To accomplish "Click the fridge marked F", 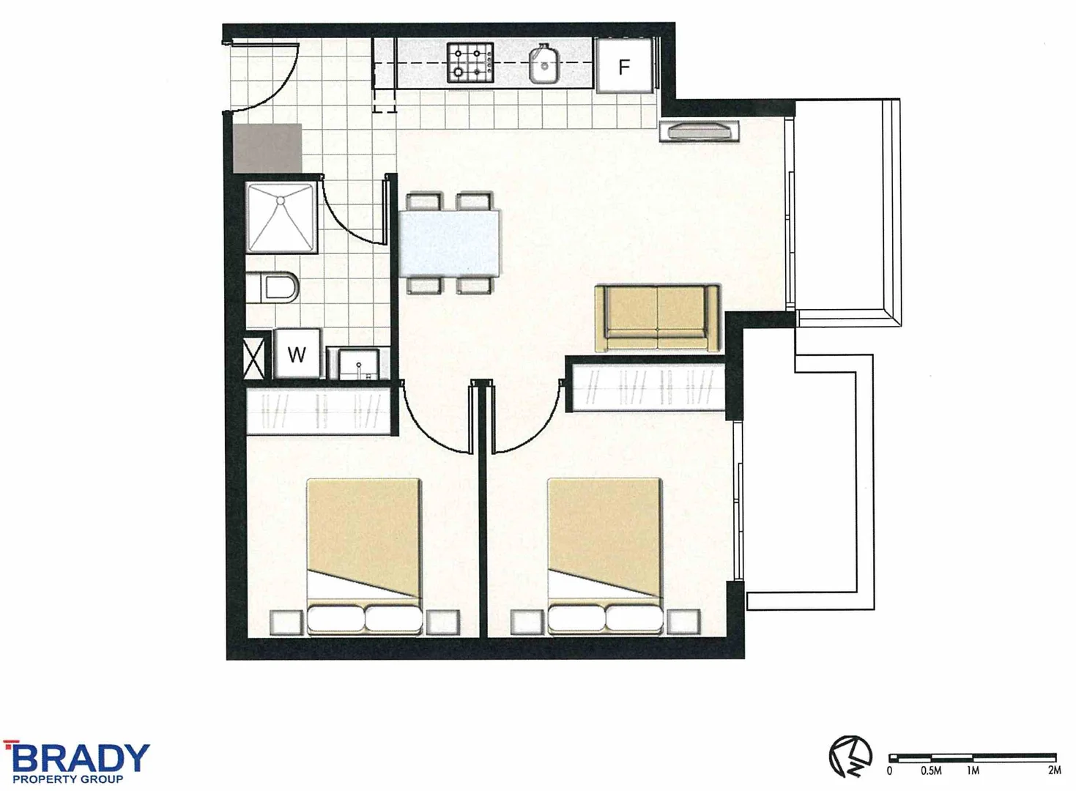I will click(623, 67).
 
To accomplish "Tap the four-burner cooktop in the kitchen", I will click(470, 63).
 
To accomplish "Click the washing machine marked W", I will click(297, 354).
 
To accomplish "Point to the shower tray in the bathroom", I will click(281, 218).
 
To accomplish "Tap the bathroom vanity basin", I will click(359, 363).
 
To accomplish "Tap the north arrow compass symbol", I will click(850, 755).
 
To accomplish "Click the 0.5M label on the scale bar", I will click(931, 770).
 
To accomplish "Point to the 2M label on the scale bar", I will click(1053, 770).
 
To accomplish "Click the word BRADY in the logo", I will click(81, 758).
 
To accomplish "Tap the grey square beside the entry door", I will click(267, 148).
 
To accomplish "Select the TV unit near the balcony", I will click(700, 131).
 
